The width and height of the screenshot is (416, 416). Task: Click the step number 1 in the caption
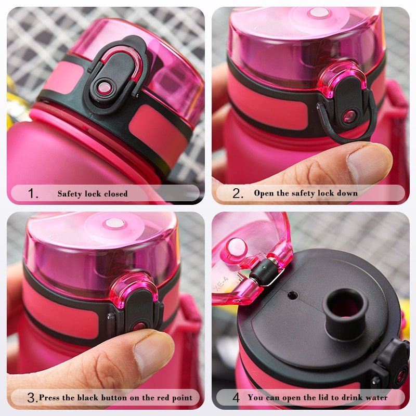33,194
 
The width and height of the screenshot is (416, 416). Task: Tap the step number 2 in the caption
238,194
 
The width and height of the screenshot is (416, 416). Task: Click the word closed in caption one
115,194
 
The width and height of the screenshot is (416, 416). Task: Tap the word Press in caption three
49,398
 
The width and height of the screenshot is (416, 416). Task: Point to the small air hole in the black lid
293,295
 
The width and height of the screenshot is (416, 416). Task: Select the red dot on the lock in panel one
105,87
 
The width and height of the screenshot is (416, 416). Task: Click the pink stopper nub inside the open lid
237,247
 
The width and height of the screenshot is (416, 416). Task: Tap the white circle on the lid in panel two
319,12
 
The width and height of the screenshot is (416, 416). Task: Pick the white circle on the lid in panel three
114,224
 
